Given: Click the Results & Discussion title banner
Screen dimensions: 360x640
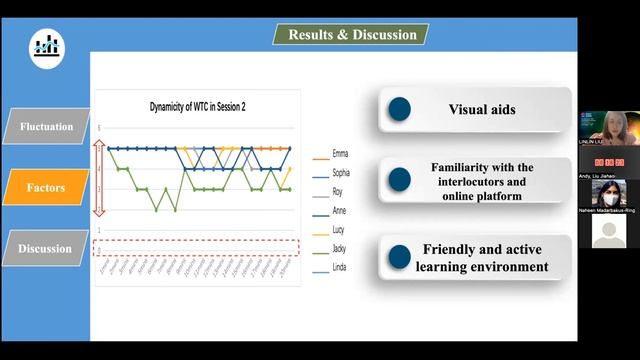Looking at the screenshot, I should (351, 34).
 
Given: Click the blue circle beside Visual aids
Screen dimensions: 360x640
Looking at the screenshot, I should (399, 109).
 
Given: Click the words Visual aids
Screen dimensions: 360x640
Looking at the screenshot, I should (482, 110).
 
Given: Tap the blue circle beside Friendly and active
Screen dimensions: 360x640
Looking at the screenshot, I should (399, 257).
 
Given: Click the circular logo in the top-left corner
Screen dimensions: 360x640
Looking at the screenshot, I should (45, 45).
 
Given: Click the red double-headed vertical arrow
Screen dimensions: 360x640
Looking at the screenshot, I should (98, 179).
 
